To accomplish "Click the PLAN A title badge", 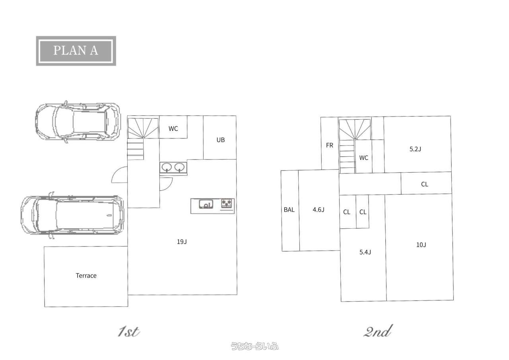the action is click(76, 51).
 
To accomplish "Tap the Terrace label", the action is click(86, 276).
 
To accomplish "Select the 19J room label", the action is click(182, 241).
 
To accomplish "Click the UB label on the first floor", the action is click(221, 140).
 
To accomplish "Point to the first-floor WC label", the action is click(173, 128).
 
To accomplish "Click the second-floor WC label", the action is click(363, 158).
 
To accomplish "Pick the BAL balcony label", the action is click(289, 210).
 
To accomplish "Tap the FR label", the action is click(330, 145).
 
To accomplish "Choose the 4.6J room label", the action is click(319, 210).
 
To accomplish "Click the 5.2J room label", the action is click(415, 149).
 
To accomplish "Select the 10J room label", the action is click(421, 245).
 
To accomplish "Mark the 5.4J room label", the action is click(365, 252).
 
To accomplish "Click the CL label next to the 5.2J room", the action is click(424, 184).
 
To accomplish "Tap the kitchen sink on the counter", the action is click(206, 204).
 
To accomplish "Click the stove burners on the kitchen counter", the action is click(227, 203).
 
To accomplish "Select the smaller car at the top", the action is click(78, 122).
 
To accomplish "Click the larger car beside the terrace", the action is click(72, 215).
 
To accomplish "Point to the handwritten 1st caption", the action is click(128, 332).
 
